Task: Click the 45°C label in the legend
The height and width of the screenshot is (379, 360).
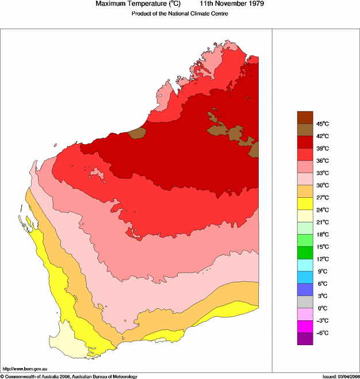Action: (x=322, y=124)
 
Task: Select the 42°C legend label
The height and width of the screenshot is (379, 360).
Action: (x=322, y=136)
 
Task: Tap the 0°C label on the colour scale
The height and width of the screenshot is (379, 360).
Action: (x=321, y=308)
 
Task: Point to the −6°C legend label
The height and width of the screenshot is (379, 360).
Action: (x=321, y=333)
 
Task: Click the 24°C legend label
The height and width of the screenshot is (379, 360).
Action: (x=322, y=210)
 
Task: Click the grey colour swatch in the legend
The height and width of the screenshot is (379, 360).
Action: (x=305, y=302)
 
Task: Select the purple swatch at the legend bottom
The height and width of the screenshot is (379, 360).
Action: (x=305, y=339)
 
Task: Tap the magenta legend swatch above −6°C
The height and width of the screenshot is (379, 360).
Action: (x=305, y=326)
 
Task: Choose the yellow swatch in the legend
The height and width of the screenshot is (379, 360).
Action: (x=305, y=204)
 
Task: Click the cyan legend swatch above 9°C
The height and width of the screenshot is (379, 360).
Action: (x=305, y=265)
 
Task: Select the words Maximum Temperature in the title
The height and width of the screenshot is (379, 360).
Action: (x=129, y=4)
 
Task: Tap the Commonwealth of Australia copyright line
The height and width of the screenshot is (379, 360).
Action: (x=69, y=376)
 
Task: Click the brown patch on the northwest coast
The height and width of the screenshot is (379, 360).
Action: (x=136, y=133)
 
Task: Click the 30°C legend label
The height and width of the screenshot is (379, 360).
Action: (x=322, y=185)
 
